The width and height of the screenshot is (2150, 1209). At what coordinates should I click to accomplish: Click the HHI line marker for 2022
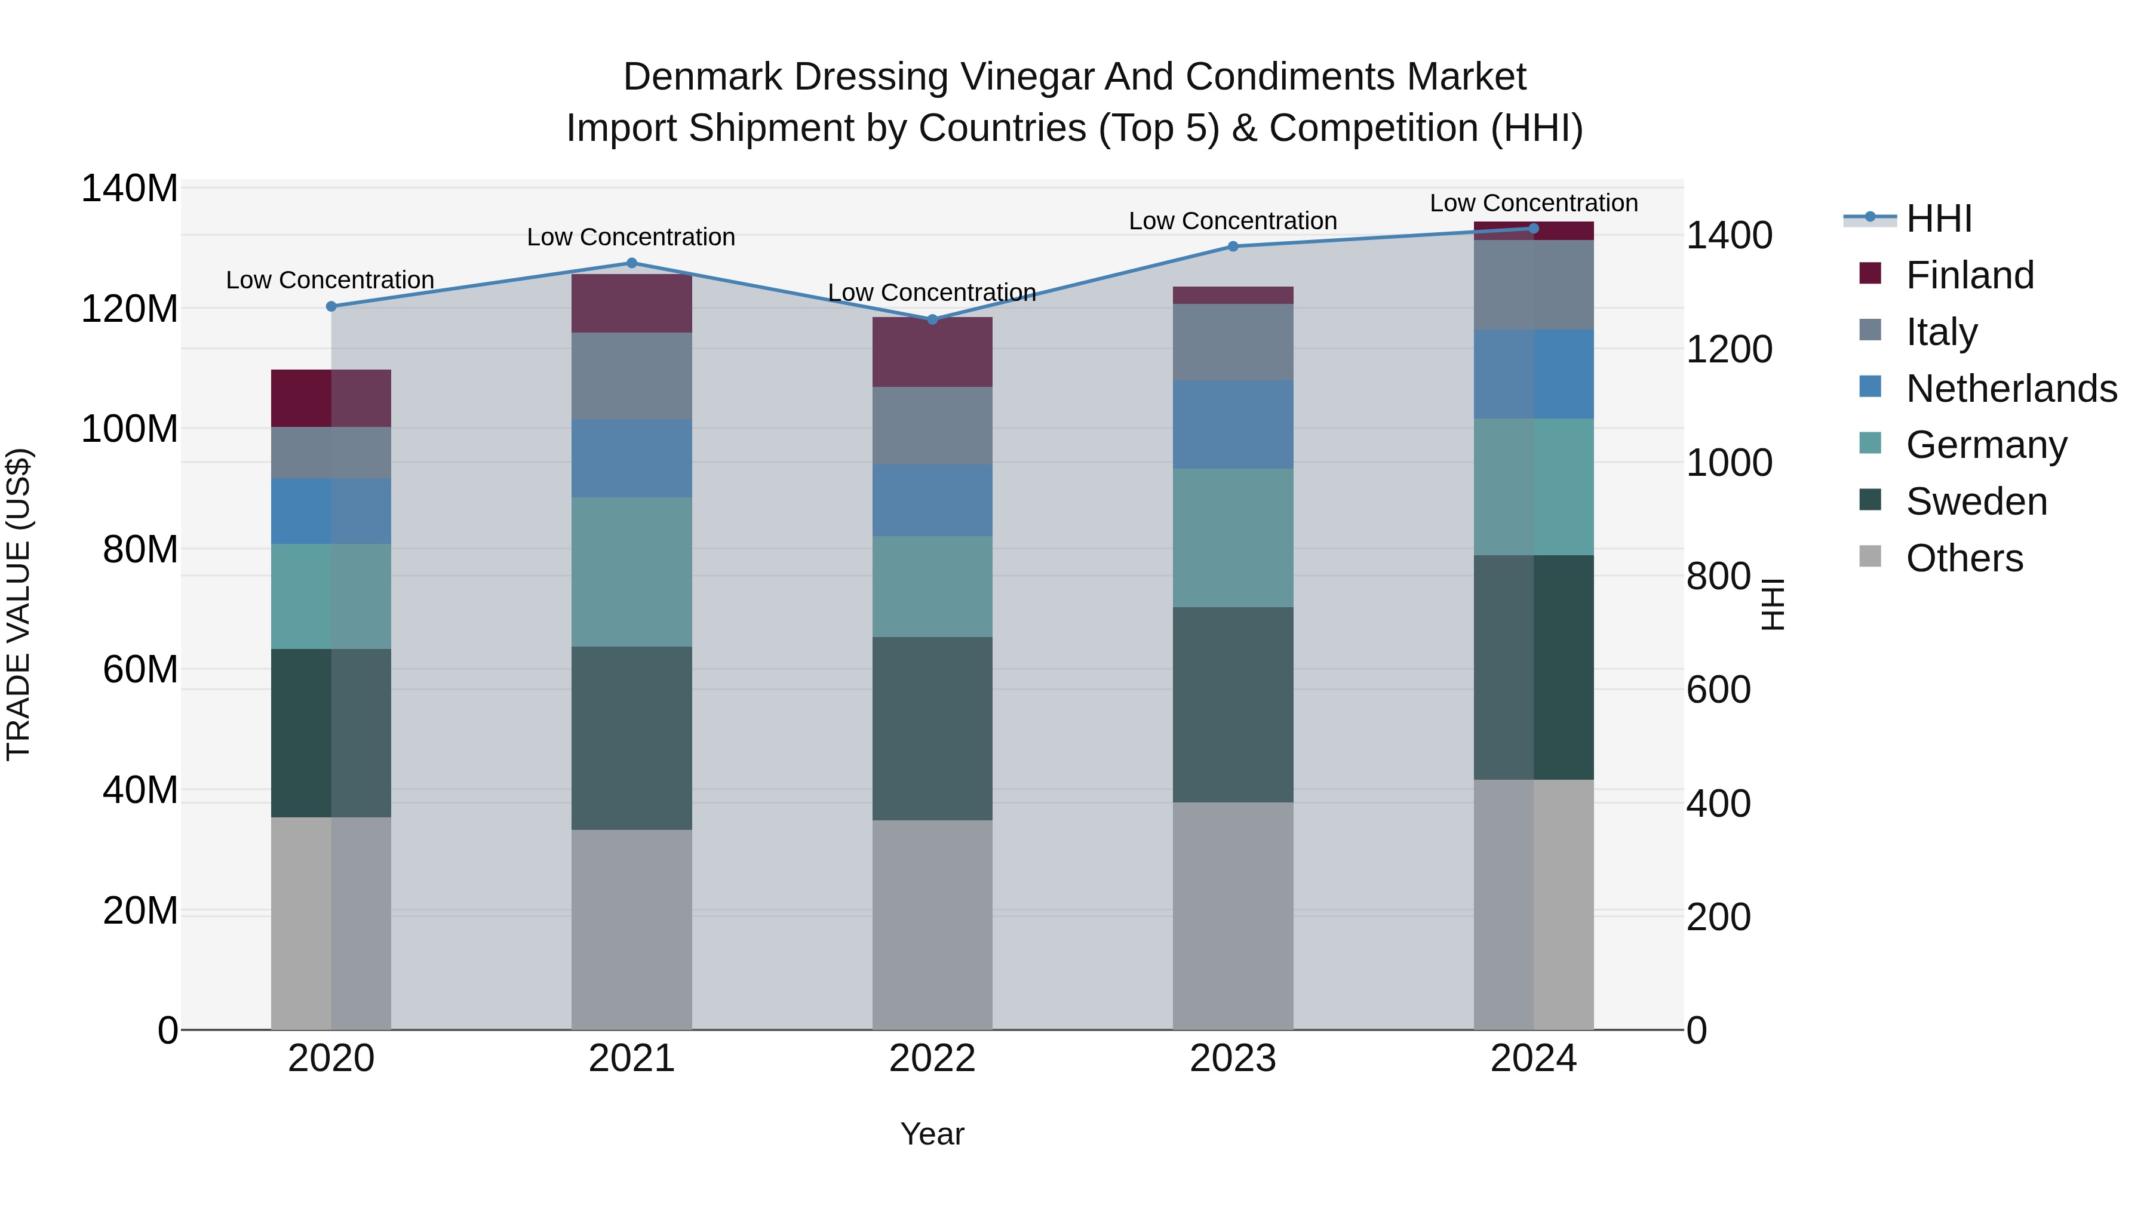point(932,319)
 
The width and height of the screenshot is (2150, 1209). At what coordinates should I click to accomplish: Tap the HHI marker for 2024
point(1533,229)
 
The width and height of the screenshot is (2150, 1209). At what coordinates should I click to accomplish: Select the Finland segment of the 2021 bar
point(632,304)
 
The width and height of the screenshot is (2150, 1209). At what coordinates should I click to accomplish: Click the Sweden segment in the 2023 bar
point(1233,705)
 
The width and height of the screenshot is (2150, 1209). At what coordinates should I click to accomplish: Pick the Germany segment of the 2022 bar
point(932,586)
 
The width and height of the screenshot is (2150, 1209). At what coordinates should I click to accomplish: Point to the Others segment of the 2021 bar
point(632,930)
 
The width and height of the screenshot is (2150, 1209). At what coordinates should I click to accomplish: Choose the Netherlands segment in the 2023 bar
point(1233,424)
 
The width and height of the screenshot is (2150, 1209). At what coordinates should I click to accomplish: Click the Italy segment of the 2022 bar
point(932,426)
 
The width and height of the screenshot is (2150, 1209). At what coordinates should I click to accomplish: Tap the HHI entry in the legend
point(1938,219)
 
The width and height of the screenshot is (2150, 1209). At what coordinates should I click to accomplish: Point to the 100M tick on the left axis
point(130,429)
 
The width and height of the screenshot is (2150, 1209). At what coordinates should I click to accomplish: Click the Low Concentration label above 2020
point(330,281)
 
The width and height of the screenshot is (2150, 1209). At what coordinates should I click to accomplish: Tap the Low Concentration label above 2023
point(1233,221)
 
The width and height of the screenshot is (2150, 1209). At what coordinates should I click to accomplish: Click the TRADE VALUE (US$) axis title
point(19,604)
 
